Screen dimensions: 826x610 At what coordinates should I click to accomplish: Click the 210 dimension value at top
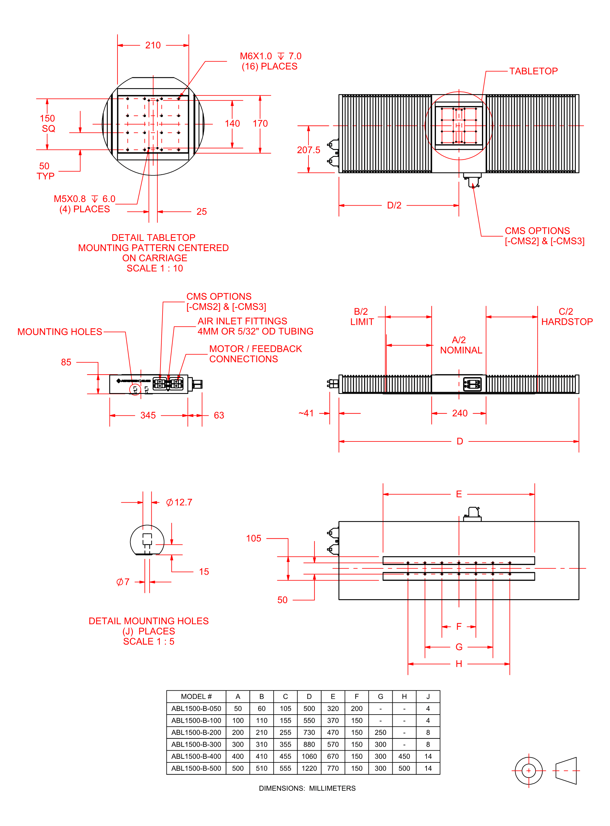[153, 45]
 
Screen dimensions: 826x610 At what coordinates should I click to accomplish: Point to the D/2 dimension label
[394, 205]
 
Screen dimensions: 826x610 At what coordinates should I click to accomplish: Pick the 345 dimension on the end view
[148, 415]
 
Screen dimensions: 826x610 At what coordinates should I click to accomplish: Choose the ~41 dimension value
[306, 413]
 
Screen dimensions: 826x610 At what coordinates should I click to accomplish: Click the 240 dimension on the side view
[460, 413]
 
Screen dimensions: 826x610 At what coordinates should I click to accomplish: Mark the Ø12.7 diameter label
[179, 502]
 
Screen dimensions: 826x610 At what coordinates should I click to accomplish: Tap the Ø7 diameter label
[123, 582]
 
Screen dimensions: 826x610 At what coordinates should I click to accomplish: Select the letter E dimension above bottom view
[459, 494]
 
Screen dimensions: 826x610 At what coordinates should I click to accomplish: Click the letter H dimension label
[459, 664]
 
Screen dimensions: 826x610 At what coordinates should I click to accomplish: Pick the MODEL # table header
[196, 696]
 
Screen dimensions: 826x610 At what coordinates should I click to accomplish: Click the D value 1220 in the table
[309, 768]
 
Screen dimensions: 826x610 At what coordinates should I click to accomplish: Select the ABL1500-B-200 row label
[196, 732]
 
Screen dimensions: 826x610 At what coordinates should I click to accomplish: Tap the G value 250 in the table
[380, 732]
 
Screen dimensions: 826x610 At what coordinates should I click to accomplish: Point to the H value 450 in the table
[404, 757]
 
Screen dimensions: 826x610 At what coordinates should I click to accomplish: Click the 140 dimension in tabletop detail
[232, 124]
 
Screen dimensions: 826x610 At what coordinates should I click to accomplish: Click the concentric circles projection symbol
[528, 771]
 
